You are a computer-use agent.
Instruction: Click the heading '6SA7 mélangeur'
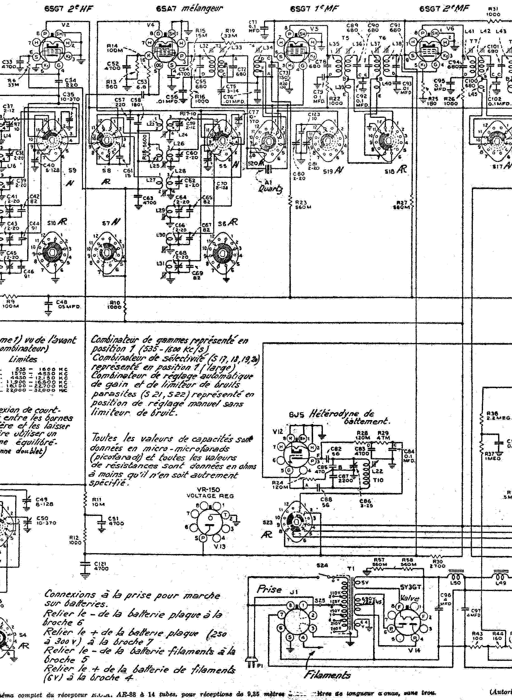tap(189, 9)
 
